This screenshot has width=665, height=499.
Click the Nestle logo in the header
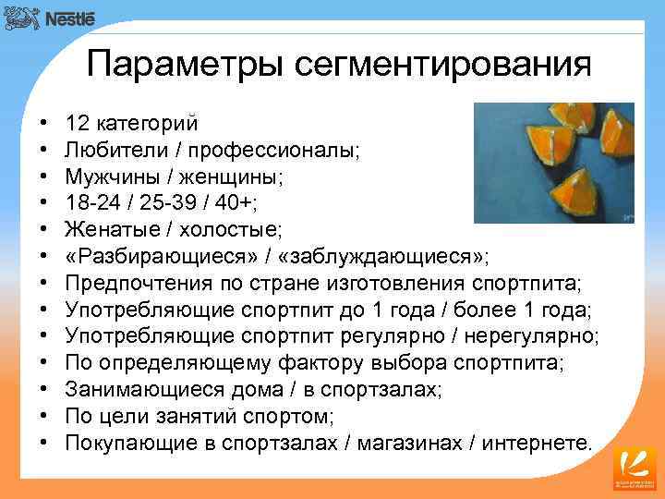tap(56, 18)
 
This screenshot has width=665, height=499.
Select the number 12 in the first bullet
tap(78, 123)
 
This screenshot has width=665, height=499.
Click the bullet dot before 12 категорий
tap(45, 123)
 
